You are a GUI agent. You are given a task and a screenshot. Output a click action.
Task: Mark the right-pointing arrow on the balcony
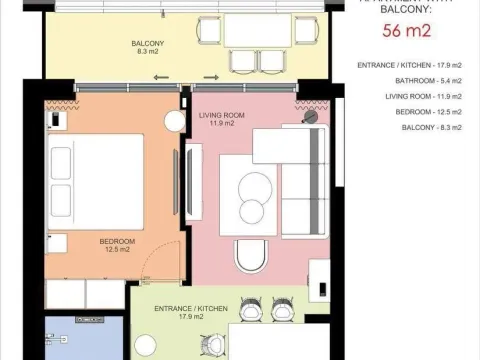click(210, 75)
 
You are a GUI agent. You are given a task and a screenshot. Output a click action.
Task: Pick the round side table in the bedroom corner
click(174, 120)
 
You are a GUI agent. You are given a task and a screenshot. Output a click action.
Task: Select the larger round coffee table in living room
click(256, 186)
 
